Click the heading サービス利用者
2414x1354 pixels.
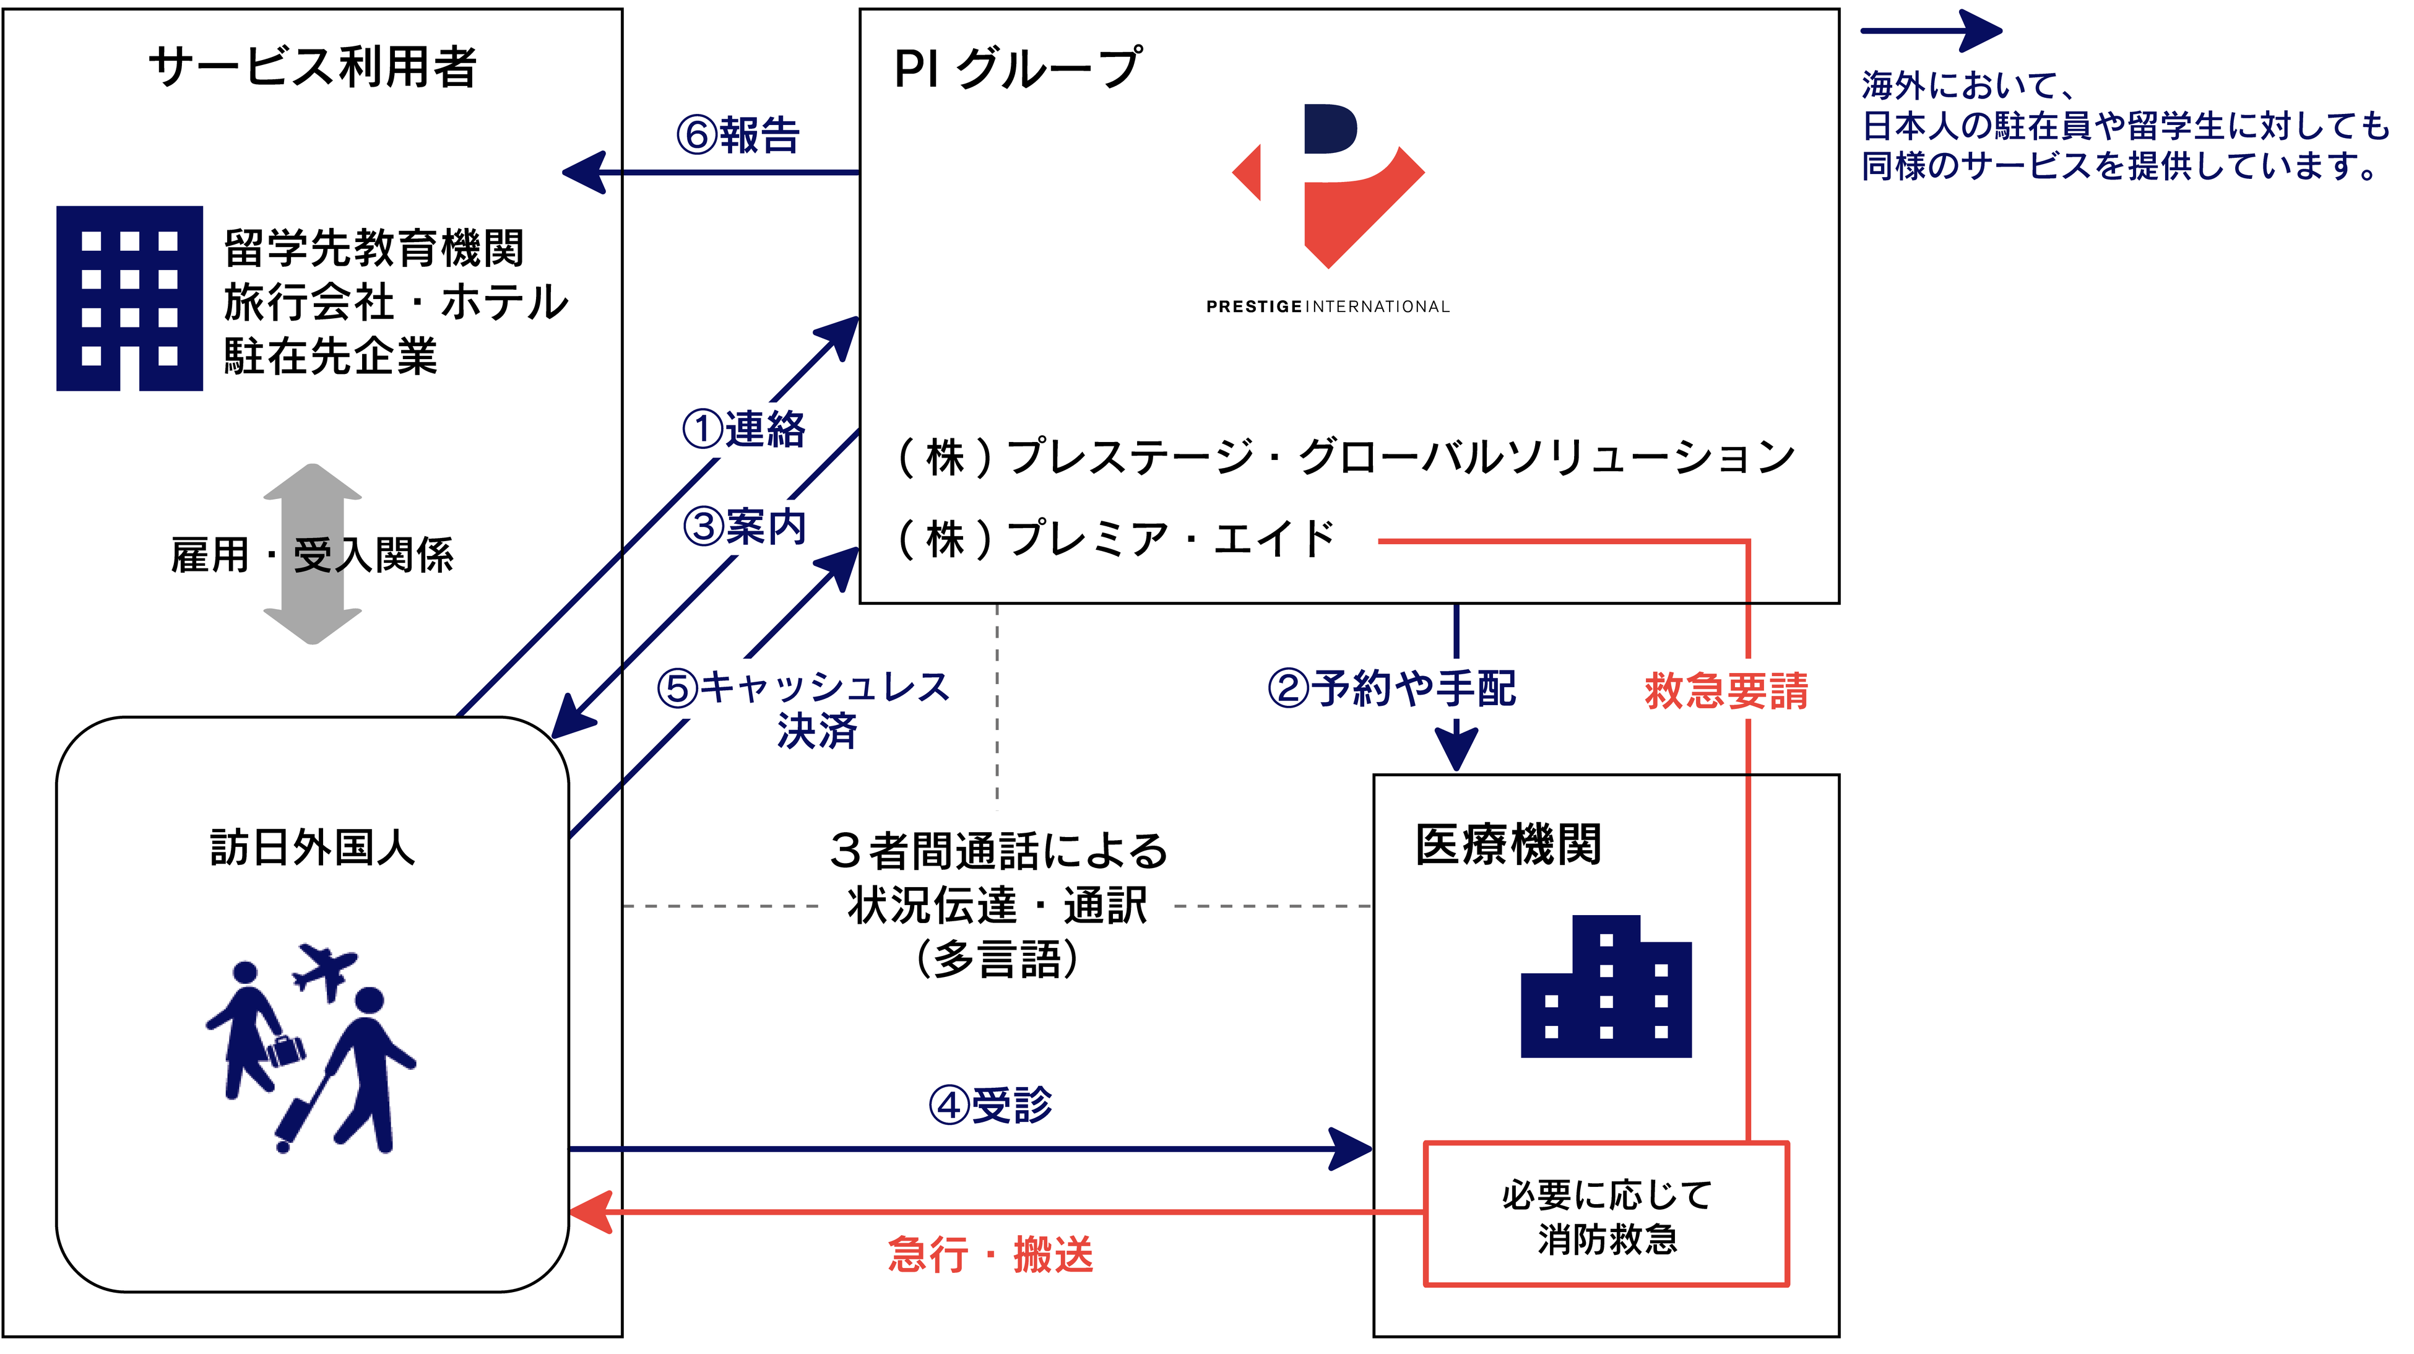click(313, 67)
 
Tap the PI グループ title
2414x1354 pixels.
click(1017, 68)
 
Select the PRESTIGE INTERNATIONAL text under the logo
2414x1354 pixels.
click(1327, 306)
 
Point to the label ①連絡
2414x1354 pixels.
click(743, 429)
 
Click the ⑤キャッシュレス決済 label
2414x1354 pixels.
click(804, 708)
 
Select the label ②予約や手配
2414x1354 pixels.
click(1391, 688)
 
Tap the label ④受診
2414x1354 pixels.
click(990, 1104)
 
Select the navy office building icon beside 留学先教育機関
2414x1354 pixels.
click(129, 298)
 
